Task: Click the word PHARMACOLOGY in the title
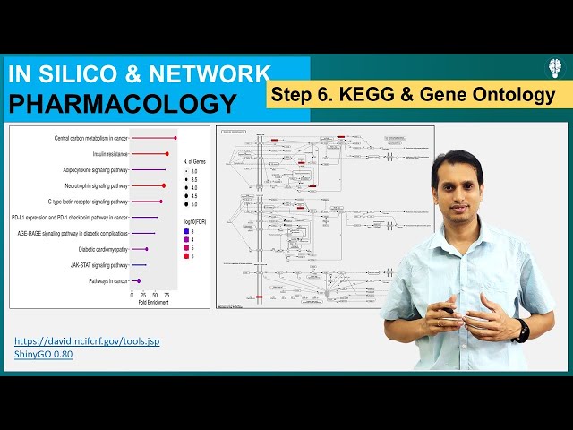(x=123, y=103)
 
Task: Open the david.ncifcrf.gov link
(x=87, y=341)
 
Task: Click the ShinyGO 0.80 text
(x=43, y=354)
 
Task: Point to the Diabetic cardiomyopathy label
(x=103, y=249)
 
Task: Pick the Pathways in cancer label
(x=108, y=281)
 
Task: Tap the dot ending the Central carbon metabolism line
(x=175, y=138)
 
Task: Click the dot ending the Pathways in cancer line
(x=138, y=281)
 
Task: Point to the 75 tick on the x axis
(x=167, y=294)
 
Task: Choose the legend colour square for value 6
(x=185, y=257)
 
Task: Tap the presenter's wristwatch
(x=523, y=330)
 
